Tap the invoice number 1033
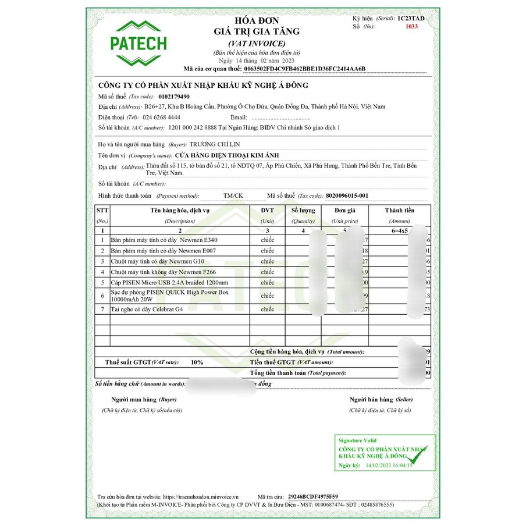(x=412, y=27)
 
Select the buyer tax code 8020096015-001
(x=347, y=196)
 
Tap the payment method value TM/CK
(x=233, y=196)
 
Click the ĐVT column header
(x=267, y=210)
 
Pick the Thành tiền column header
(x=399, y=210)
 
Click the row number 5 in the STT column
(x=102, y=282)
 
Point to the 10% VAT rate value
(x=197, y=362)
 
